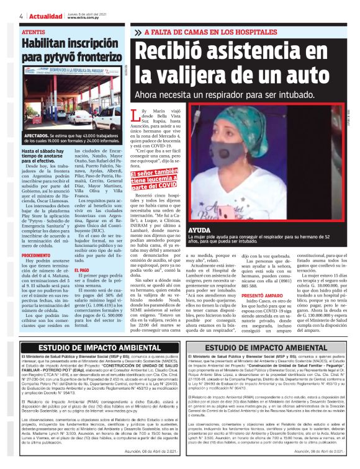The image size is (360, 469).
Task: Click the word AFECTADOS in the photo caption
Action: tap(38, 134)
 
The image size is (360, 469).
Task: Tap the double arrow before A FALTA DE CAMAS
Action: tap(137, 32)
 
